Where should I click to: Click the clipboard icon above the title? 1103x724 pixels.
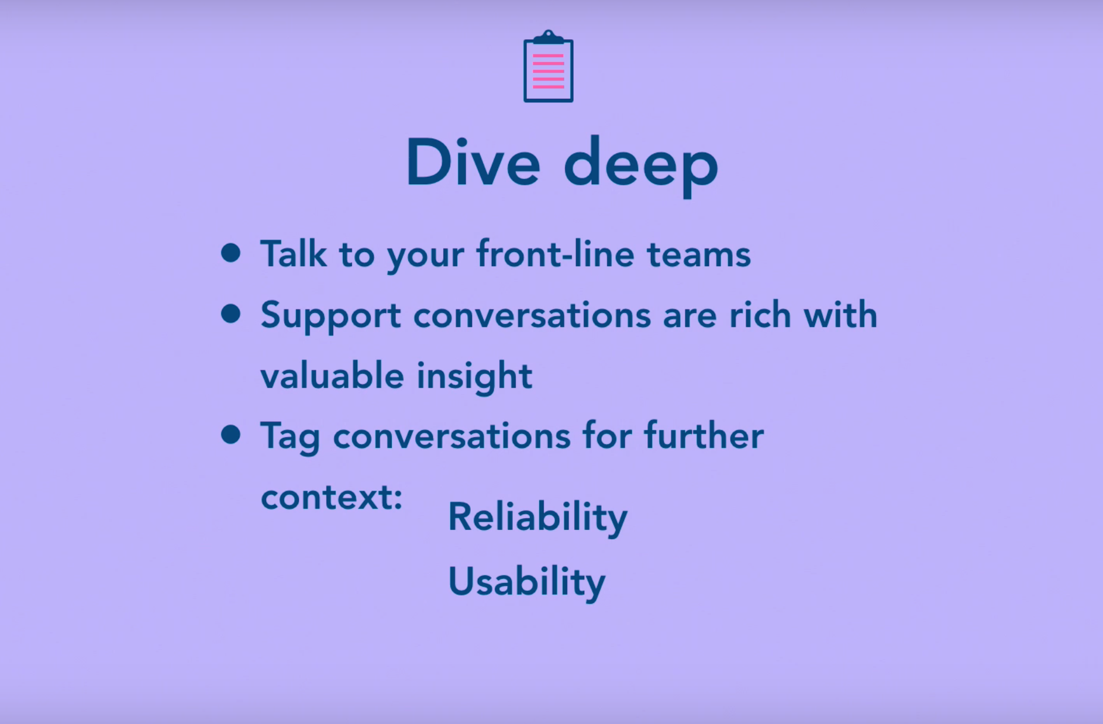[x=548, y=66]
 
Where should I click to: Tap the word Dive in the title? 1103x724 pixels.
[x=473, y=162]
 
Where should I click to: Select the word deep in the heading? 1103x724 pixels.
[x=641, y=167]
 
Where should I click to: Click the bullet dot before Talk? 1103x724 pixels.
[x=231, y=253]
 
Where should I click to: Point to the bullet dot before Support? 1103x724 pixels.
[x=231, y=313]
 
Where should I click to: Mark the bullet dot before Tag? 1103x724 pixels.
[x=231, y=435]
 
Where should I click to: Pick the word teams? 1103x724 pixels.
[x=699, y=255]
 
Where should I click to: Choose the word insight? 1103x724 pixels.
[x=474, y=377]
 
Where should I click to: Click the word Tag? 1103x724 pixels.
[x=290, y=438]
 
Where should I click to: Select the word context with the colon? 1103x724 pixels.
[x=332, y=498]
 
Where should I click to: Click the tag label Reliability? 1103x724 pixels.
[x=537, y=518]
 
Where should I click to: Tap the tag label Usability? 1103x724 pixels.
[x=527, y=582]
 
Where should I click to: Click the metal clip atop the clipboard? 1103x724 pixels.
[x=548, y=37]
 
